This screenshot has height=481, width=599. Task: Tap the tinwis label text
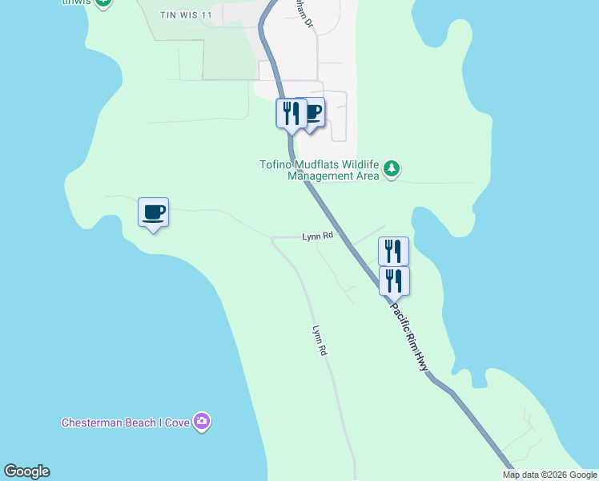76,2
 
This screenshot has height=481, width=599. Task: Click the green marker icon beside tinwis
103,2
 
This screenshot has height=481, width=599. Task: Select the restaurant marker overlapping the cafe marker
291,112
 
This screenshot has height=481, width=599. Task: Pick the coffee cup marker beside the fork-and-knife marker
312,111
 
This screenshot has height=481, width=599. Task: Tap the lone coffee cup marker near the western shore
153,212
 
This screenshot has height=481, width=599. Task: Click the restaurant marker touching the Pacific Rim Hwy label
393,281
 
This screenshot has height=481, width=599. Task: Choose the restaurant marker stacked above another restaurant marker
393,251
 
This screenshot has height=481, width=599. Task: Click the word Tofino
276,165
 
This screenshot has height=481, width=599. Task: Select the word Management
319,176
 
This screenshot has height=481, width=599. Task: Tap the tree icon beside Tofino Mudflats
392,169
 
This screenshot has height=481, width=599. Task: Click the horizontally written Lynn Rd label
317,236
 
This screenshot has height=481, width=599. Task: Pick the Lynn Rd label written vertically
320,340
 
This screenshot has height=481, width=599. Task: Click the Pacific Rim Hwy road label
409,335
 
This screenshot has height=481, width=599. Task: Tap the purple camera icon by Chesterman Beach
202,422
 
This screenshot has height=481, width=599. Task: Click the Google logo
26,471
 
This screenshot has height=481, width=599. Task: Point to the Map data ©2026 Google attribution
549,475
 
